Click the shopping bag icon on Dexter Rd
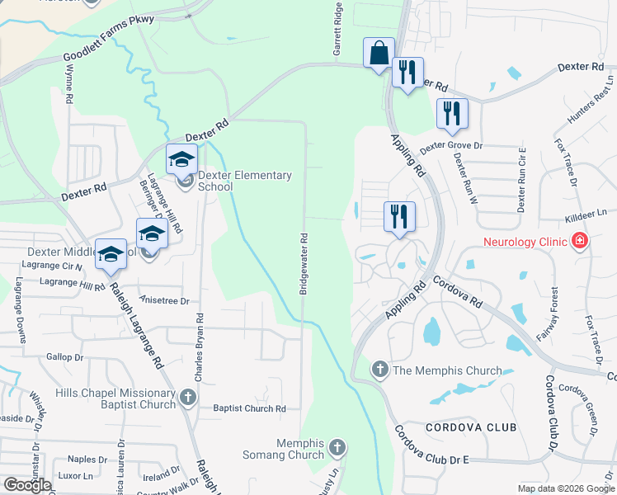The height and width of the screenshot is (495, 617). pyautogui.click(x=379, y=54)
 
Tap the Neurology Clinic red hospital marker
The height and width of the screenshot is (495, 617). pyautogui.click(x=580, y=242)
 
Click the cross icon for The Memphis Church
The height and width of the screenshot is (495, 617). pyautogui.click(x=379, y=370)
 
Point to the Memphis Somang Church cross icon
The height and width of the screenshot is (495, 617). pyautogui.click(x=336, y=449)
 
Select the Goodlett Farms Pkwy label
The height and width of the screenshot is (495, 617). pyautogui.click(x=108, y=49)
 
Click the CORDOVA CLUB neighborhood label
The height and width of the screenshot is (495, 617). pyautogui.click(x=471, y=427)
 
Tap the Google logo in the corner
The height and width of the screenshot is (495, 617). pyautogui.click(x=28, y=484)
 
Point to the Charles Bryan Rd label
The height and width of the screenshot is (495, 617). pyautogui.click(x=199, y=346)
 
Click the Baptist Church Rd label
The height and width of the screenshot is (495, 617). pyautogui.click(x=249, y=408)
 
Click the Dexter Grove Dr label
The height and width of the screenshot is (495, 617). pyautogui.click(x=450, y=147)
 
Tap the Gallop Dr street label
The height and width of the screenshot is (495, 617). pyautogui.click(x=65, y=357)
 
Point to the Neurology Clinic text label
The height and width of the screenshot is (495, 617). pyautogui.click(x=525, y=242)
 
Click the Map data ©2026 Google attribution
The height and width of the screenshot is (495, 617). pyautogui.click(x=566, y=488)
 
